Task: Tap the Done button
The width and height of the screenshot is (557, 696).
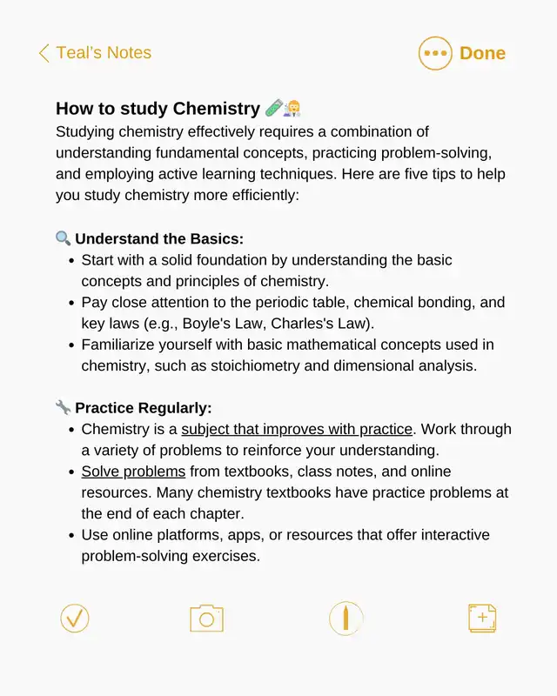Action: coord(482,53)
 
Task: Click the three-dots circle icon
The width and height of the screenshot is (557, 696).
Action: coord(435,53)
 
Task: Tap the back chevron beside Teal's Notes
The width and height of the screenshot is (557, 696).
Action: coord(44,53)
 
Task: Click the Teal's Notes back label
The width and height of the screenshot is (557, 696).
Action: coord(104,53)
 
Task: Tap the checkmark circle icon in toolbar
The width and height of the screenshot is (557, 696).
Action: coord(75,619)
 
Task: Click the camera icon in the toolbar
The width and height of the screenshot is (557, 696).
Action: coord(206,619)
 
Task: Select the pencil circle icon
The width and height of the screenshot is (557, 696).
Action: coord(346,619)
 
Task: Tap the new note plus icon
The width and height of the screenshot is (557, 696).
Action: coord(482,619)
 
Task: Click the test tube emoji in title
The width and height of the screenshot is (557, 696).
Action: coord(273,109)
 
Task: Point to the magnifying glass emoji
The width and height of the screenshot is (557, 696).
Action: coord(63,238)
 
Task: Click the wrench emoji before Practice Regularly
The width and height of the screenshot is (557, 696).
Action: coord(63,407)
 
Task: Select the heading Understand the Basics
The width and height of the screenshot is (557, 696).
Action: coord(159,238)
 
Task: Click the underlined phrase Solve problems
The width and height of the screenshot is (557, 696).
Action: coord(133,472)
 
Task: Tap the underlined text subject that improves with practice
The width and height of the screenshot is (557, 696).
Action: coord(297,429)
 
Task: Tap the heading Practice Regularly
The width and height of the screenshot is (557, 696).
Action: coord(144,407)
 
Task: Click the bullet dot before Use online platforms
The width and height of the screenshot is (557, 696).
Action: coord(70,535)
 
